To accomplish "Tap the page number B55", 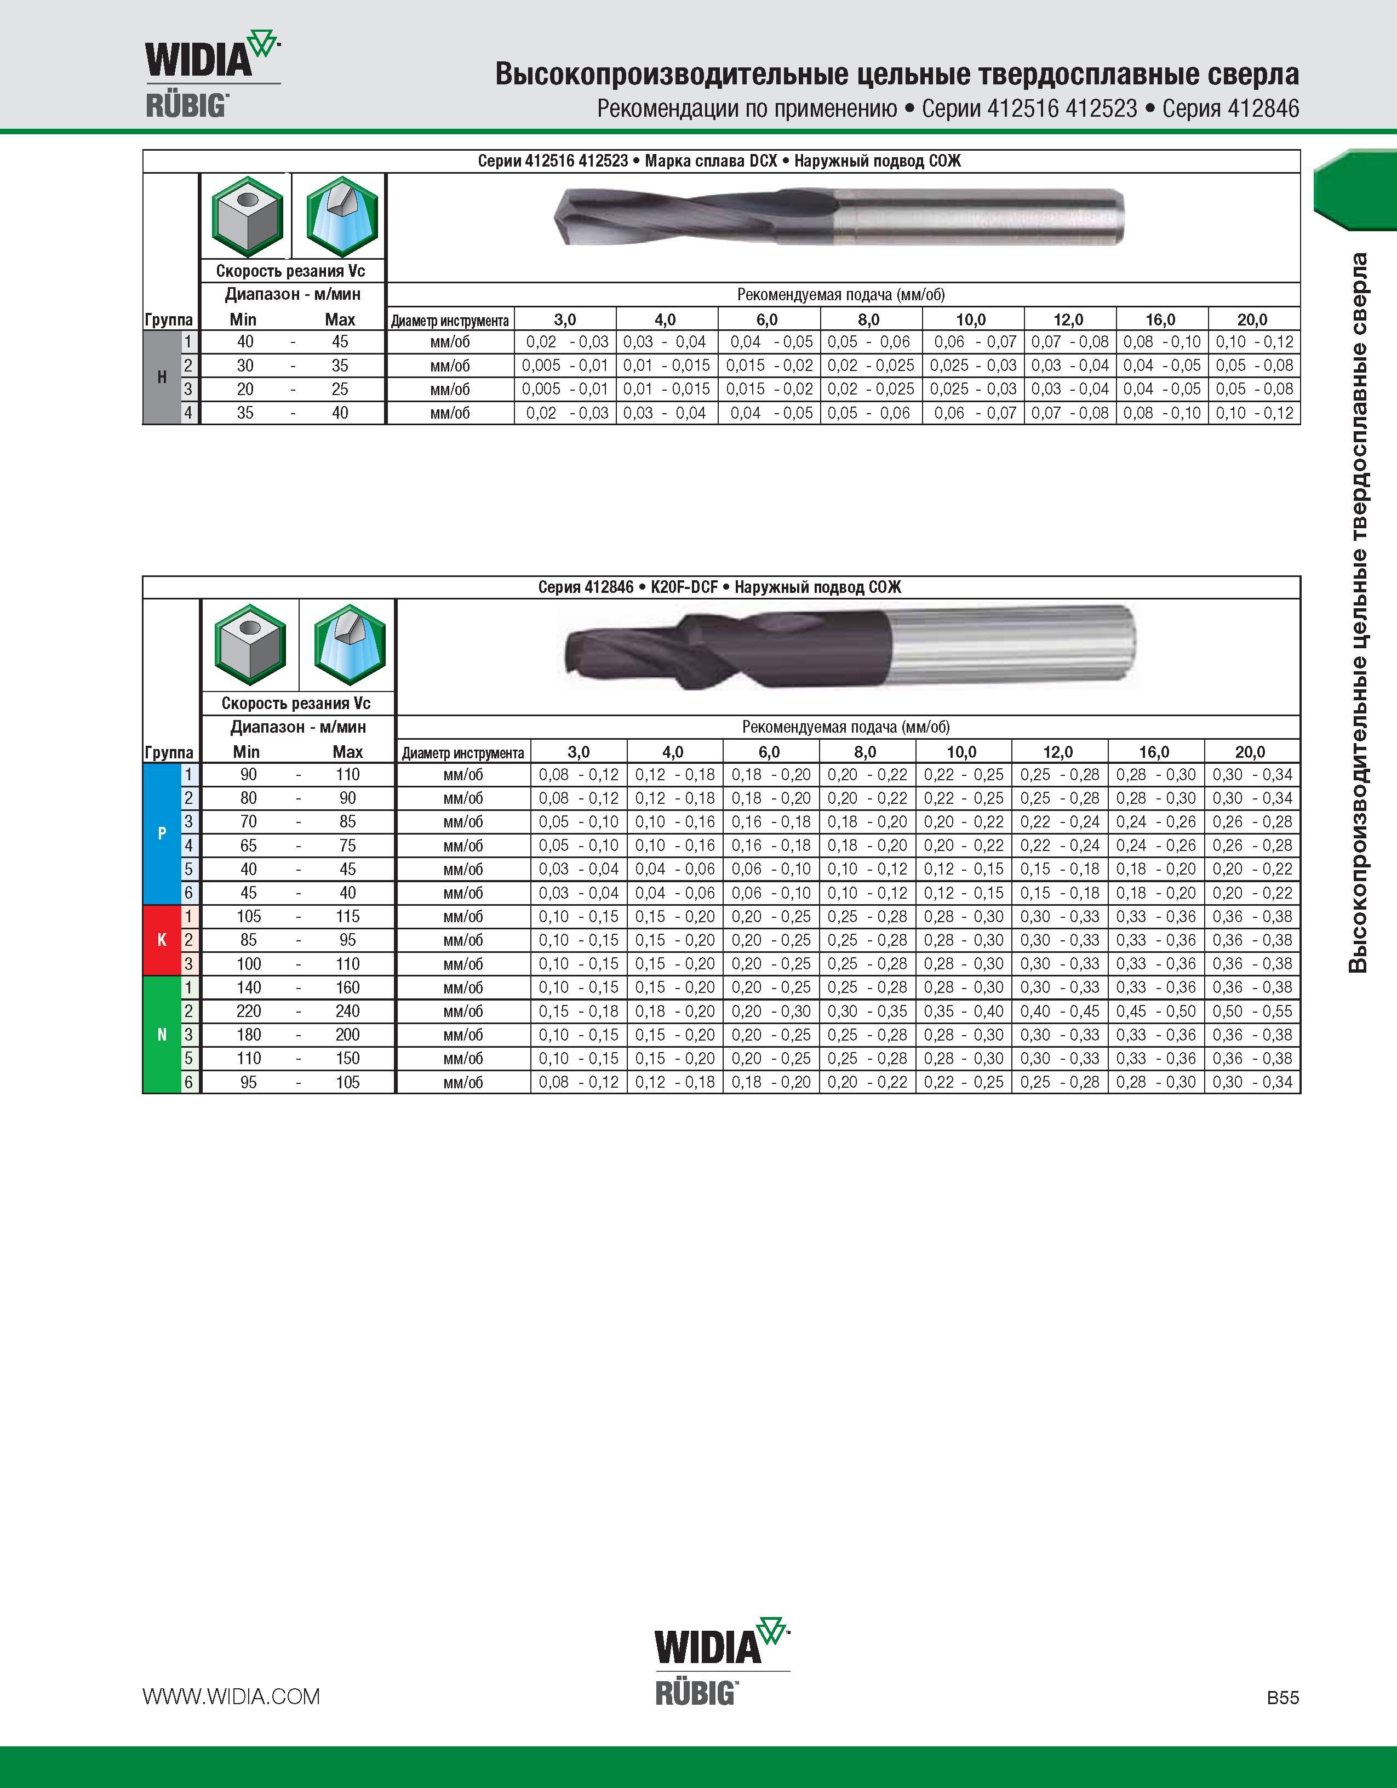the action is click(1283, 1697).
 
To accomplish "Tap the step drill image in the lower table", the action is click(848, 648).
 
